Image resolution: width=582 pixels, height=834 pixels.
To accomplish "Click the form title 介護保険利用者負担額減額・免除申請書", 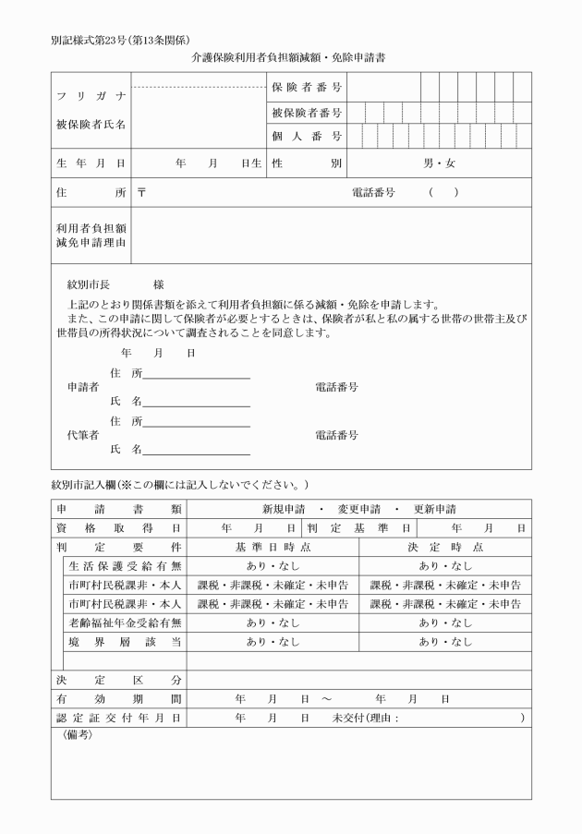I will coord(288,57).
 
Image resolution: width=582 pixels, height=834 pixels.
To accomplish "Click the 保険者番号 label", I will coord(307,87).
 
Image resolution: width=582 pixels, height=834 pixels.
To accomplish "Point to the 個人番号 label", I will coord(307,137).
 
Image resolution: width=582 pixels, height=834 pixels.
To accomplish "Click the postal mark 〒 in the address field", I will coord(141,193).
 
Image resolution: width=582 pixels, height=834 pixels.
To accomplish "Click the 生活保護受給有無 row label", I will coord(125,566).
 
